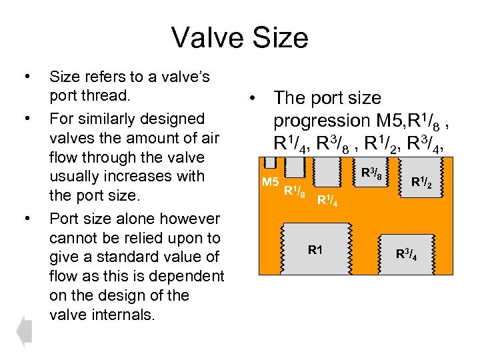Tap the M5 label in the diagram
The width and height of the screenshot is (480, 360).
270,182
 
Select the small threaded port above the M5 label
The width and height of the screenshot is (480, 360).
269,163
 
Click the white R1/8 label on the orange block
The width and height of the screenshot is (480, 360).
295,193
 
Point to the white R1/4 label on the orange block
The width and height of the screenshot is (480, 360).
327,199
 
